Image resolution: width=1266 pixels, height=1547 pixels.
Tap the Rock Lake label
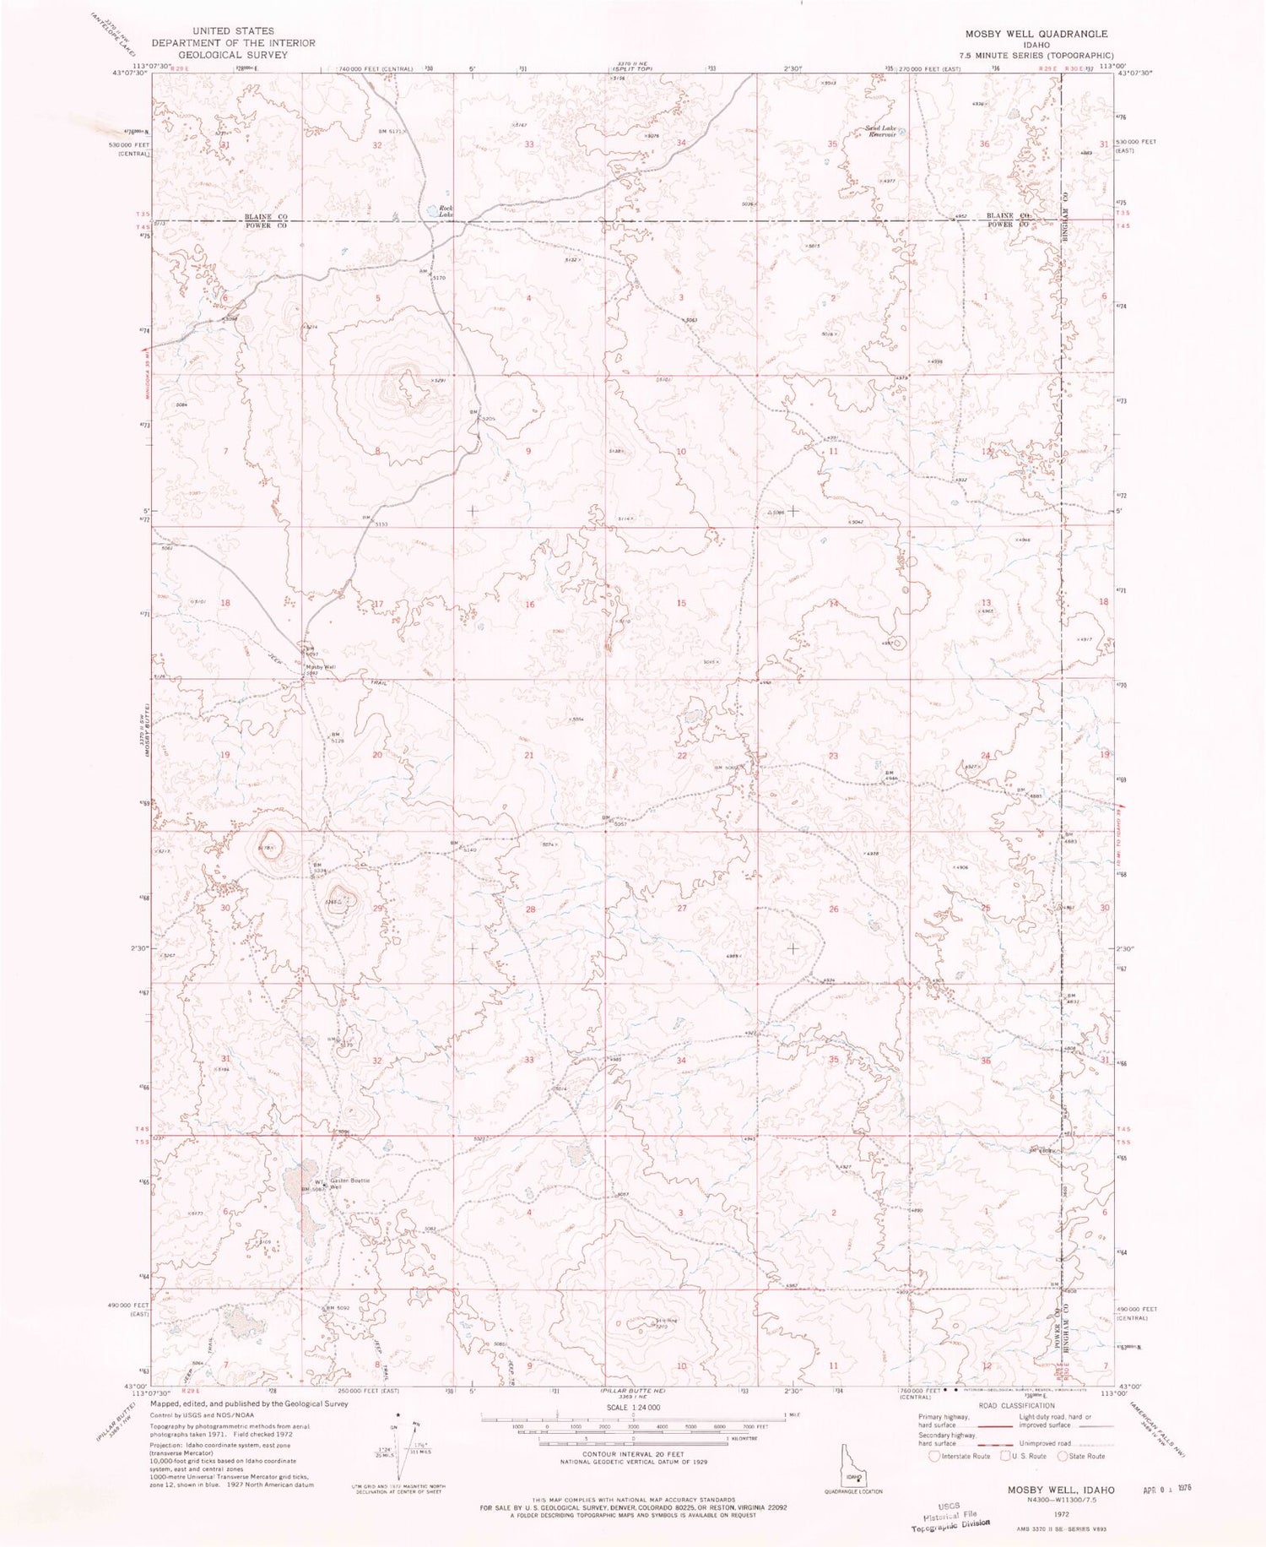click(x=446, y=211)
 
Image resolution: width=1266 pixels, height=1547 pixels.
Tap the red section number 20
click(x=377, y=755)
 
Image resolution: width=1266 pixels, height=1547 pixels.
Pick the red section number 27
click(x=681, y=908)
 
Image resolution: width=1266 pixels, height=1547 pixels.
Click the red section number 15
click(x=681, y=603)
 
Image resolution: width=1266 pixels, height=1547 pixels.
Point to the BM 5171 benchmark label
click(x=392, y=131)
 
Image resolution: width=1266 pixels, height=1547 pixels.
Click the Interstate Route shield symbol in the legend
click(x=933, y=1456)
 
